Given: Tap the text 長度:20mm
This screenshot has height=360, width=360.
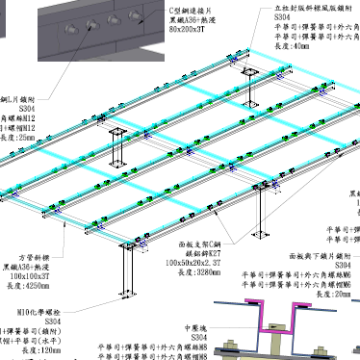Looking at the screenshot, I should (331, 293).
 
